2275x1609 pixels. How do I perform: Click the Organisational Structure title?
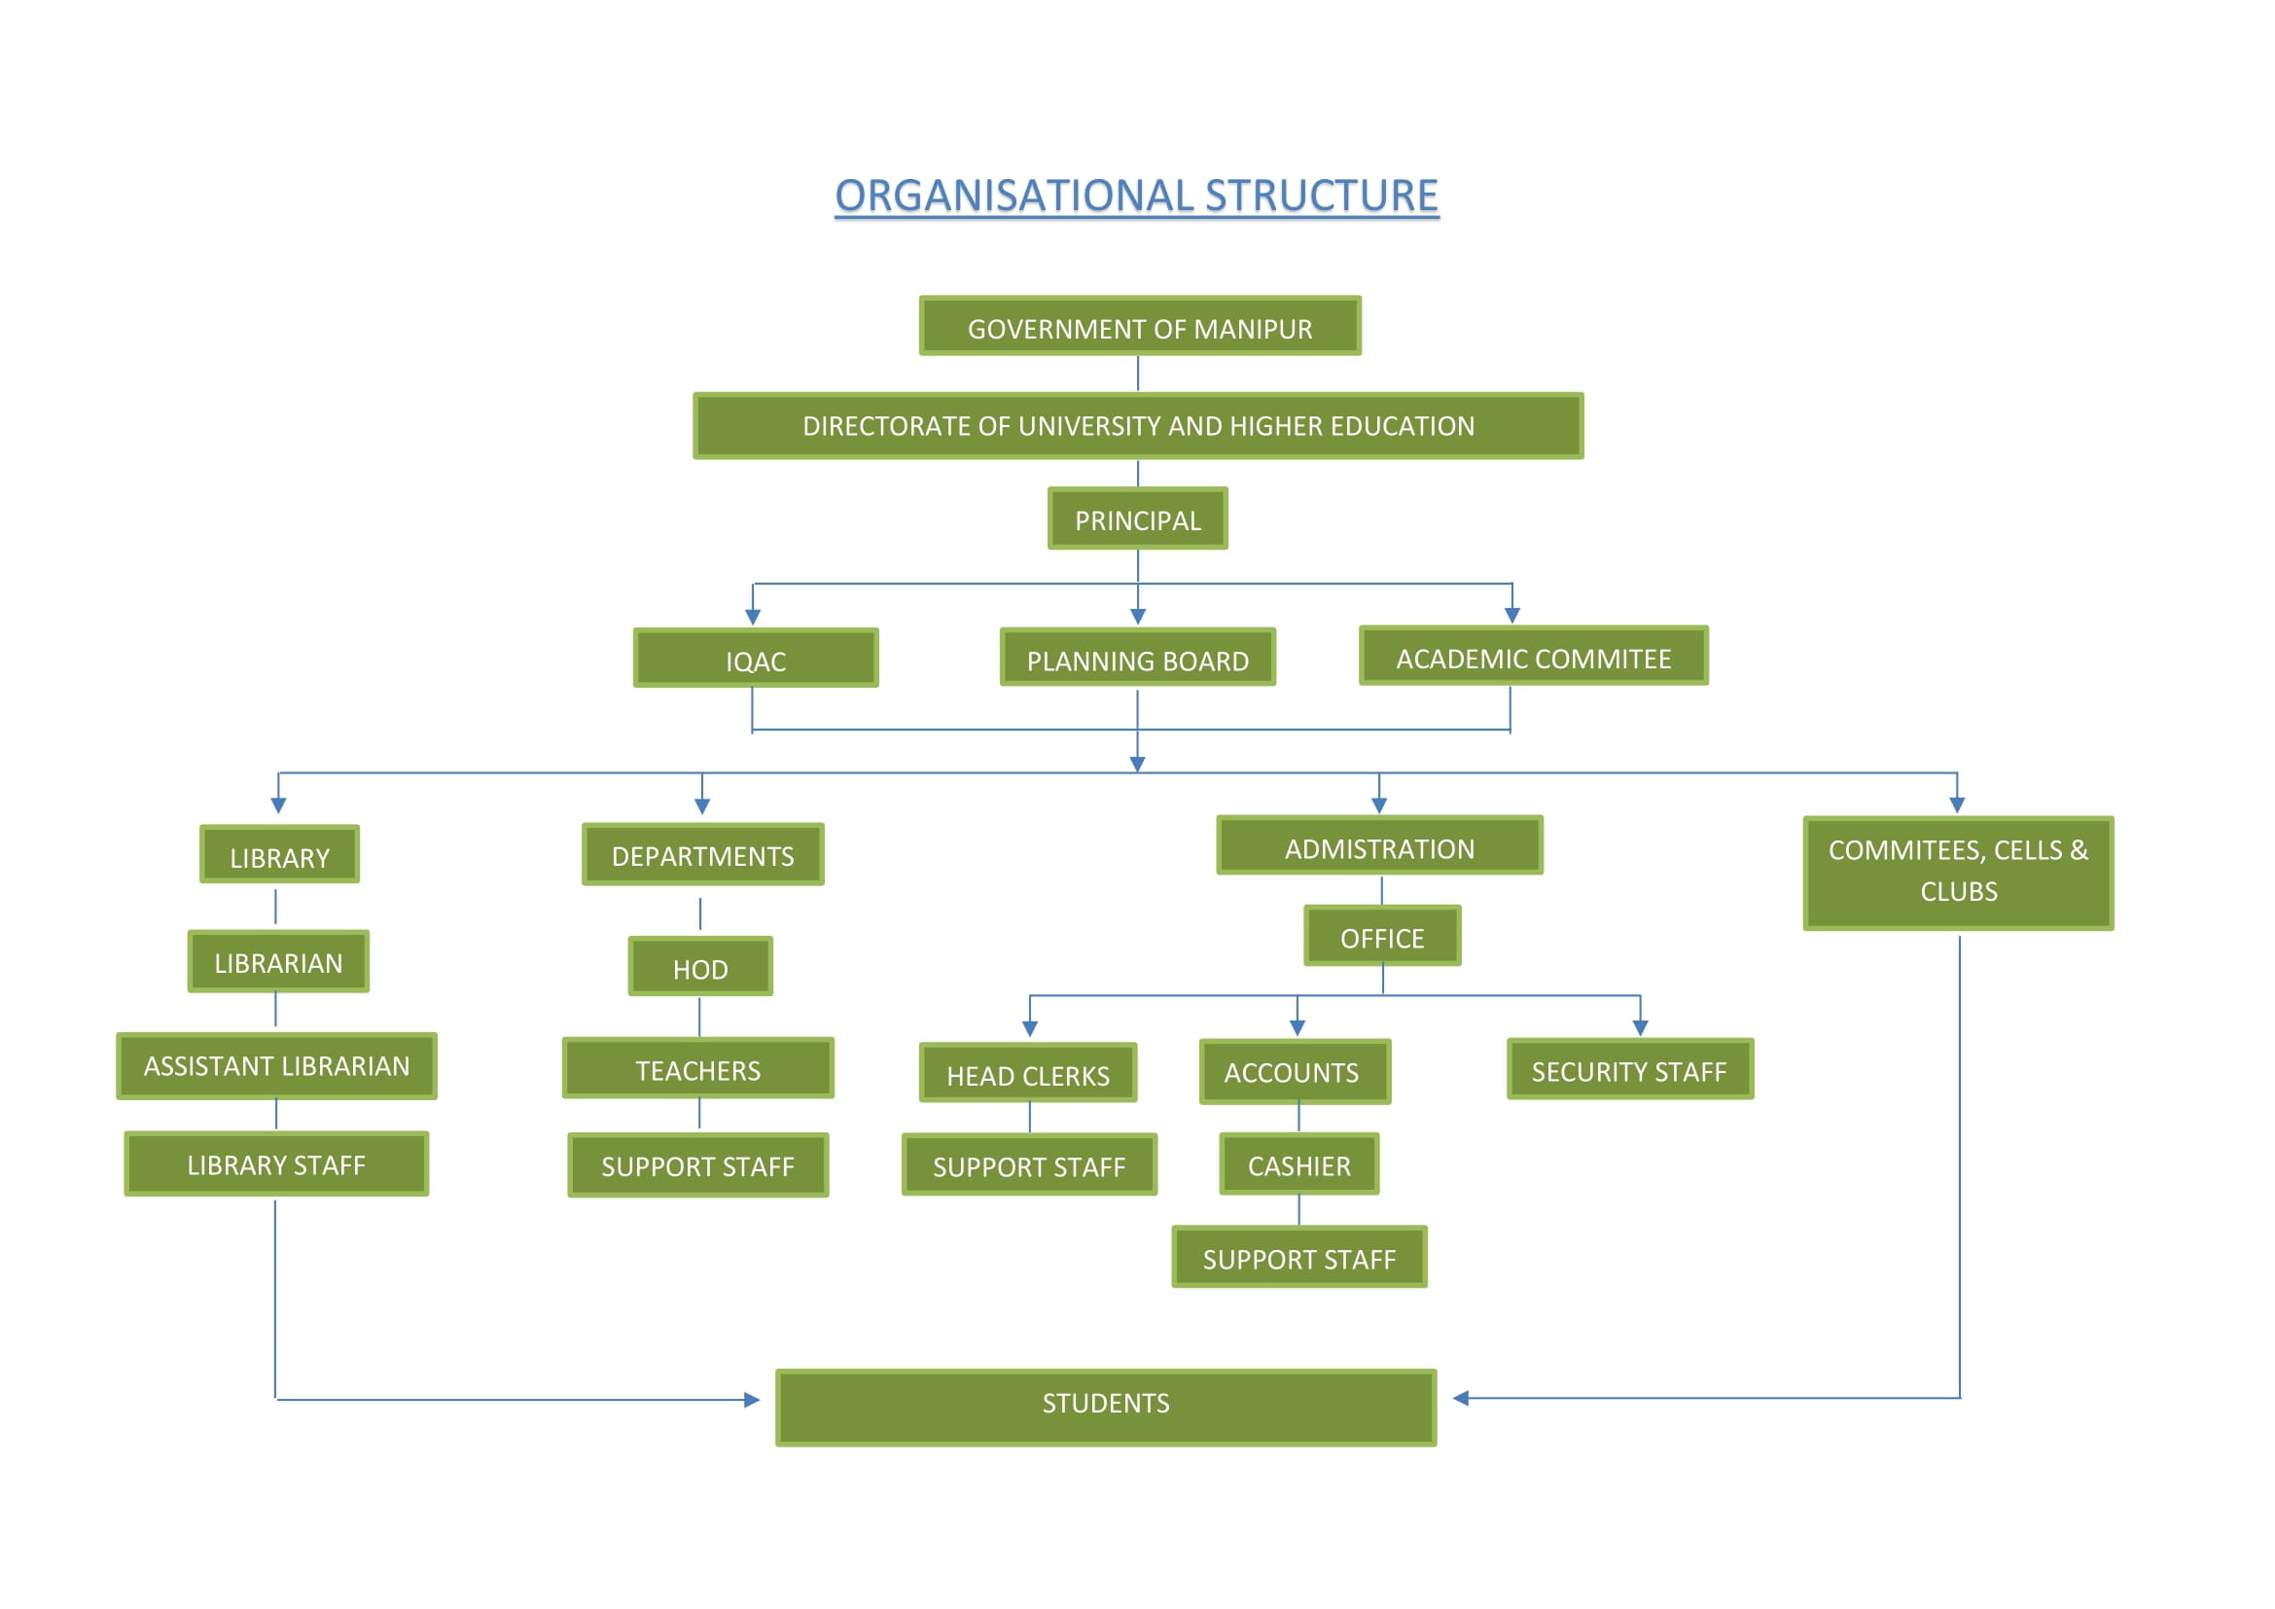coord(1136,196)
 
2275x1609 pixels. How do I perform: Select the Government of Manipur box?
coord(1140,326)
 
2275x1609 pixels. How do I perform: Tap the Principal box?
coord(1138,518)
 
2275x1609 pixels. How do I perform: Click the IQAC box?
coord(755,658)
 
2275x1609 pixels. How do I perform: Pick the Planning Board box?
coord(1138,658)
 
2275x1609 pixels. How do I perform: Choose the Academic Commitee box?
coord(1533,656)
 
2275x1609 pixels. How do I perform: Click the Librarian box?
coord(278,961)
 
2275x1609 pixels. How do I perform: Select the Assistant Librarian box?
coord(276,1066)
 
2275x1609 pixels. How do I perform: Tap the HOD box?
coord(699,967)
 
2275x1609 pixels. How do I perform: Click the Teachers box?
coord(697,1069)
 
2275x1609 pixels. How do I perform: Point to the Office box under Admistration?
coord(1382,936)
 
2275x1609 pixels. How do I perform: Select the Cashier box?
coord(1298,1165)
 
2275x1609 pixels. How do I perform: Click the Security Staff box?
coord(1629,1070)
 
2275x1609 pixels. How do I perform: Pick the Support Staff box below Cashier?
coord(1299,1257)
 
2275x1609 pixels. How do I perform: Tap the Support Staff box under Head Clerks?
coord(1028,1165)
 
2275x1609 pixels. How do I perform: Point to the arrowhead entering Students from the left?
coord(752,1400)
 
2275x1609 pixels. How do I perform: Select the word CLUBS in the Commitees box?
coord(1958,892)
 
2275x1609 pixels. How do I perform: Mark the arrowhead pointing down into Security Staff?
coord(1641,1028)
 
